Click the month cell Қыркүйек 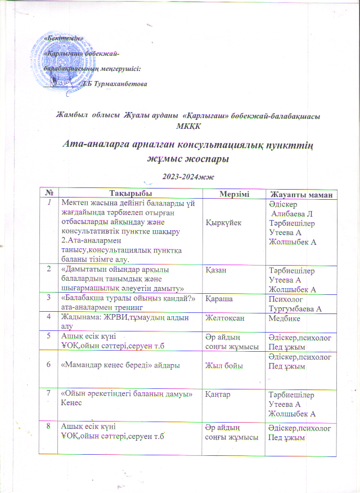223,223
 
